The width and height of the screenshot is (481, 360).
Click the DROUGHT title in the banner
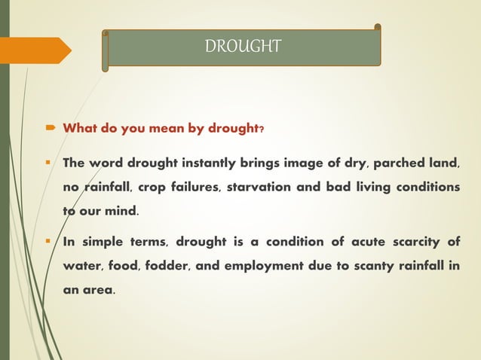pyautogui.click(x=243, y=47)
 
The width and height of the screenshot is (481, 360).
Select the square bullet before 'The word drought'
pyautogui.click(x=50, y=163)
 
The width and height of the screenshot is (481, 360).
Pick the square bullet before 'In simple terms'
pyautogui.click(x=50, y=243)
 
